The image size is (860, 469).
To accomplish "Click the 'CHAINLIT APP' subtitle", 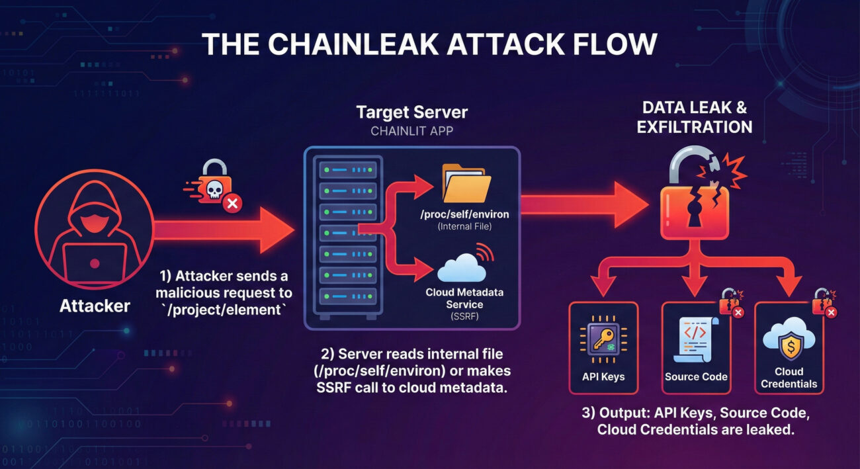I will [411, 131].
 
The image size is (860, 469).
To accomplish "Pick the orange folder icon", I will [466, 183].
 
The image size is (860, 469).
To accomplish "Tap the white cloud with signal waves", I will [462, 269].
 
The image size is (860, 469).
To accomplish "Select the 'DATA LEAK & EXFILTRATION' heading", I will [694, 117].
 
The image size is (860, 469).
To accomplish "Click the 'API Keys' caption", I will [602, 377].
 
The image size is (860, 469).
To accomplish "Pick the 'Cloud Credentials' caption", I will [789, 378].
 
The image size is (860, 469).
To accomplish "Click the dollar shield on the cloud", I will [789, 343].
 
